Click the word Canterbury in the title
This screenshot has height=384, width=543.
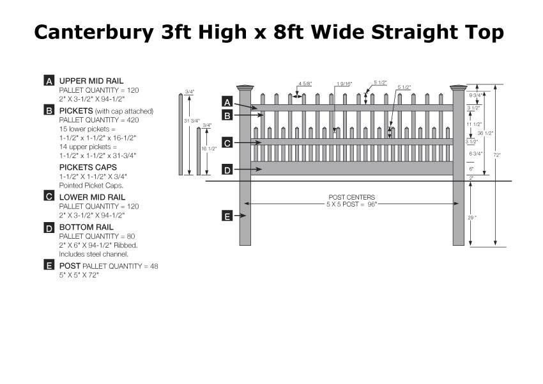pyautogui.click(x=93, y=33)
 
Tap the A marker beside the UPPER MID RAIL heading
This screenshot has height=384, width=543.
pyautogui.click(x=49, y=81)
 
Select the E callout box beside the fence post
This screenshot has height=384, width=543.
pyautogui.click(x=227, y=216)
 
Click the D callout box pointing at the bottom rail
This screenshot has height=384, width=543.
pyautogui.click(x=227, y=170)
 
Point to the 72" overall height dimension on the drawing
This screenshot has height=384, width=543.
pyautogui.click(x=497, y=155)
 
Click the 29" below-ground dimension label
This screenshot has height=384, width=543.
pyautogui.click(x=472, y=218)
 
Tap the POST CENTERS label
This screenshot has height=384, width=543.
pyautogui.click(x=351, y=197)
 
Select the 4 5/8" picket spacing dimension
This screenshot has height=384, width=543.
pyautogui.click(x=305, y=84)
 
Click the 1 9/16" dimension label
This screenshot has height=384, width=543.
pyautogui.click(x=344, y=84)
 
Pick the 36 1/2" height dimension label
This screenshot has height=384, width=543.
pyautogui.click(x=486, y=133)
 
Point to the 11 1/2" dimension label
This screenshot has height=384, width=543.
pyautogui.click(x=474, y=124)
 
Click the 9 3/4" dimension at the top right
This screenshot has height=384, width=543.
pyautogui.click(x=475, y=95)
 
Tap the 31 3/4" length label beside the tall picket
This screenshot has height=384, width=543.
pyautogui.click(x=192, y=121)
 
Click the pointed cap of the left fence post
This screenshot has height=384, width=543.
pyautogui.click(x=245, y=88)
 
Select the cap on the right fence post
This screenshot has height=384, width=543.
pyautogui.click(x=459, y=88)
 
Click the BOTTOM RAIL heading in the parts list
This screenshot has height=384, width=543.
pyautogui.click(x=86, y=227)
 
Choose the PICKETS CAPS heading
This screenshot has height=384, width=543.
pyautogui.click(x=88, y=167)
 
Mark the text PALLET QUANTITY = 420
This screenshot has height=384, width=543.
pyautogui.click(x=99, y=120)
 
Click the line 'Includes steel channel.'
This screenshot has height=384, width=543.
pyautogui.click(x=94, y=254)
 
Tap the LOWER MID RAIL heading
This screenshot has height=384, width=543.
pyautogui.click(x=92, y=197)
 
